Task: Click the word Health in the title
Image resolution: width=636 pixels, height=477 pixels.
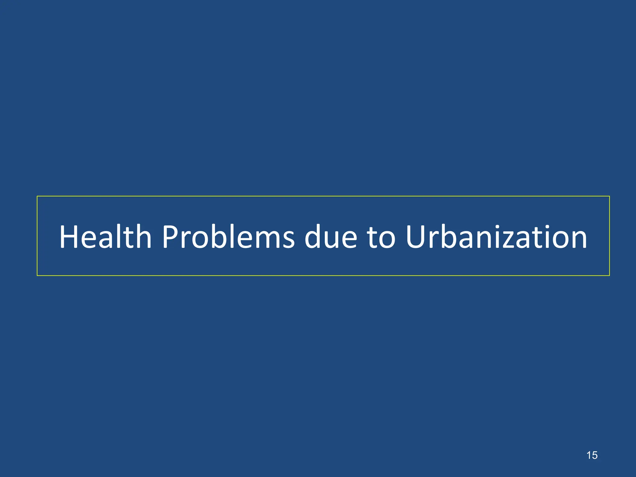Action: coord(105,237)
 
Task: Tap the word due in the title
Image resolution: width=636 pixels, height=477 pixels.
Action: coord(331,237)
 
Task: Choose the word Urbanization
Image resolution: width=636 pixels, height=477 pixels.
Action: coord(496,237)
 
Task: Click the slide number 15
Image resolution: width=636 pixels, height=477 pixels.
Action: coord(592,455)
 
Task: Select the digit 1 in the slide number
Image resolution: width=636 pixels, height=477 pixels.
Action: coord(589,455)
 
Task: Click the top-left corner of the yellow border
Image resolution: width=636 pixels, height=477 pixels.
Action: coord(37,196)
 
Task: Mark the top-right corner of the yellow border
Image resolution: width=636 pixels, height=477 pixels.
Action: coord(609,196)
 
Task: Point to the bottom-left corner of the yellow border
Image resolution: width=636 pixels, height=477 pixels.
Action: coord(37,275)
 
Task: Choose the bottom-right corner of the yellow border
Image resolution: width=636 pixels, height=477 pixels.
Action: coord(609,275)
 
